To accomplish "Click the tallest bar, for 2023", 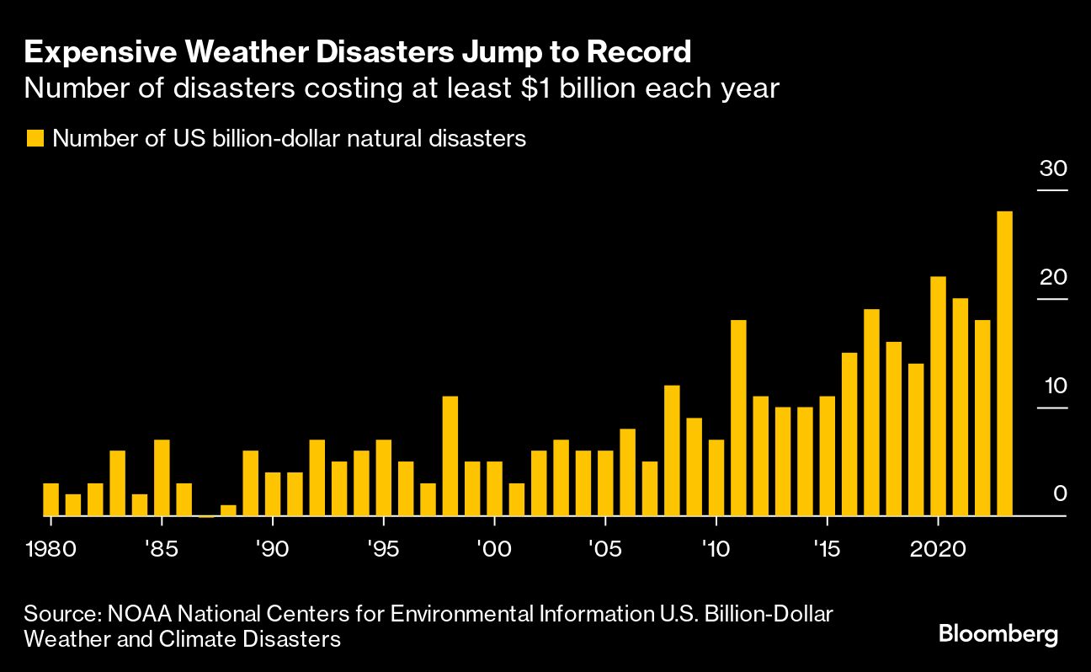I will click(1004, 363).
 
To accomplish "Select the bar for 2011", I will click(738, 418).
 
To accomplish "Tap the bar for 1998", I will click(450, 456).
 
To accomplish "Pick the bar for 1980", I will click(51, 499).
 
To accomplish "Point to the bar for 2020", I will click(938, 396).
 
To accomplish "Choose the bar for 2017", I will click(871, 413).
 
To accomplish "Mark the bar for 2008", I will click(672, 451).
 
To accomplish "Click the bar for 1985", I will click(162, 477).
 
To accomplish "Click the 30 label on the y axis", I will click(1052, 168).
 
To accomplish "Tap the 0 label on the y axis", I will click(1060, 494).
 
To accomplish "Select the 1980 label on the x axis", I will click(51, 550).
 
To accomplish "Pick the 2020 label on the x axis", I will click(937, 550).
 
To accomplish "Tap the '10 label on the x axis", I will click(715, 550).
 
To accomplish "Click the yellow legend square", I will click(35, 139).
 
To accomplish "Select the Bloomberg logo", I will click(998, 634).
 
